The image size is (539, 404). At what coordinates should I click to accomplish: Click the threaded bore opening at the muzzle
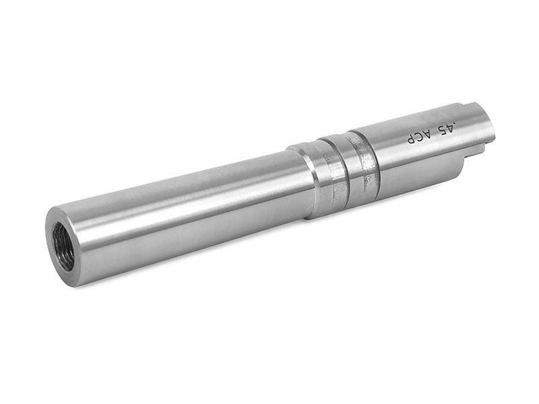pos(63,246)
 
